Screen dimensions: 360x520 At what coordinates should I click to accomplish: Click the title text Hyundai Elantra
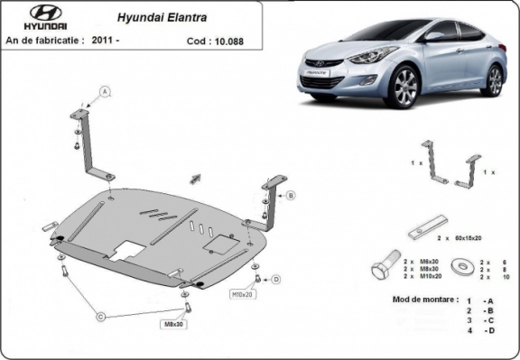[x=156, y=15]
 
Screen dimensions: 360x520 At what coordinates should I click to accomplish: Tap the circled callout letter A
[x=105, y=91]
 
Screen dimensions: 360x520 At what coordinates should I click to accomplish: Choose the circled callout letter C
[x=101, y=315]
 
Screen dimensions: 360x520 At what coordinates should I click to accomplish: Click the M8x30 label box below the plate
[x=174, y=323]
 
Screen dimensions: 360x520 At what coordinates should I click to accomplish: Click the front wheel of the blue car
[x=406, y=88]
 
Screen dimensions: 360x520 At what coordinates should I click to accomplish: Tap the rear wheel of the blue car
[x=494, y=79]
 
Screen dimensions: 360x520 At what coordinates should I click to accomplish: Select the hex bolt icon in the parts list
[x=380, y=266]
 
